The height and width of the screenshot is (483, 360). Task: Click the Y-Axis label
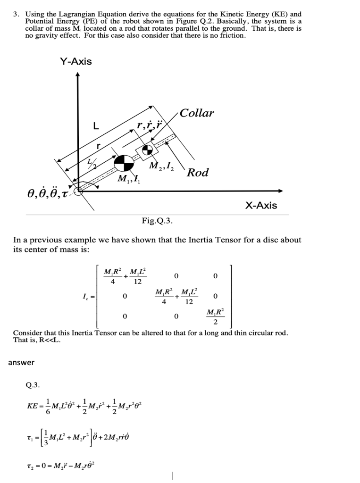coord(76,62)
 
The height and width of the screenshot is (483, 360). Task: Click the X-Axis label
coord(261,205)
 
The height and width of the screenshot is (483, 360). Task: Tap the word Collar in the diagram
coord(197,113)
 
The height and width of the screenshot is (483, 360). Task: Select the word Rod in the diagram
coord(198,173)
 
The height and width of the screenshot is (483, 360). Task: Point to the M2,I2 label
coord(161,166)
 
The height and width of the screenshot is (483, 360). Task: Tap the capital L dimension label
coord(96,126)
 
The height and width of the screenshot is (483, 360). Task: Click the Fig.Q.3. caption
coord(158,220)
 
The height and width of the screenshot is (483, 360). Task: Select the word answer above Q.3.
coord(21,362)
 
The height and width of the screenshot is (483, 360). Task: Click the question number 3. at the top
coord(17,15)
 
